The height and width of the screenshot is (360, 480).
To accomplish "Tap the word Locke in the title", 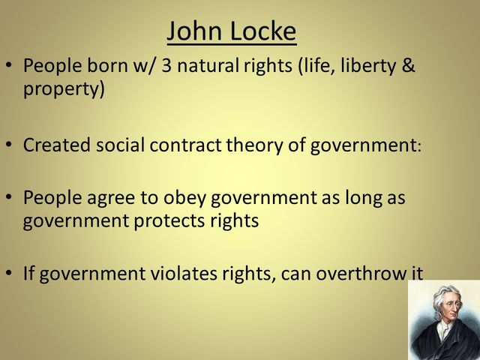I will (269, 31).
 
